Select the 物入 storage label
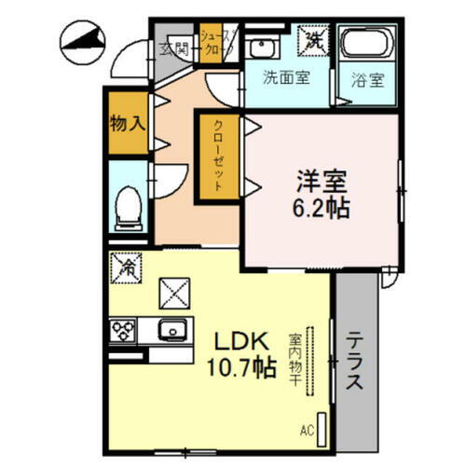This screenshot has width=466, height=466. (x=126, y=122)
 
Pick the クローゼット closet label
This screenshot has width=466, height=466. (x=216, y=156)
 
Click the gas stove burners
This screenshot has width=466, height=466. (x=123, y=330)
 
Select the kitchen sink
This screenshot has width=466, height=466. (x=173, y=330)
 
